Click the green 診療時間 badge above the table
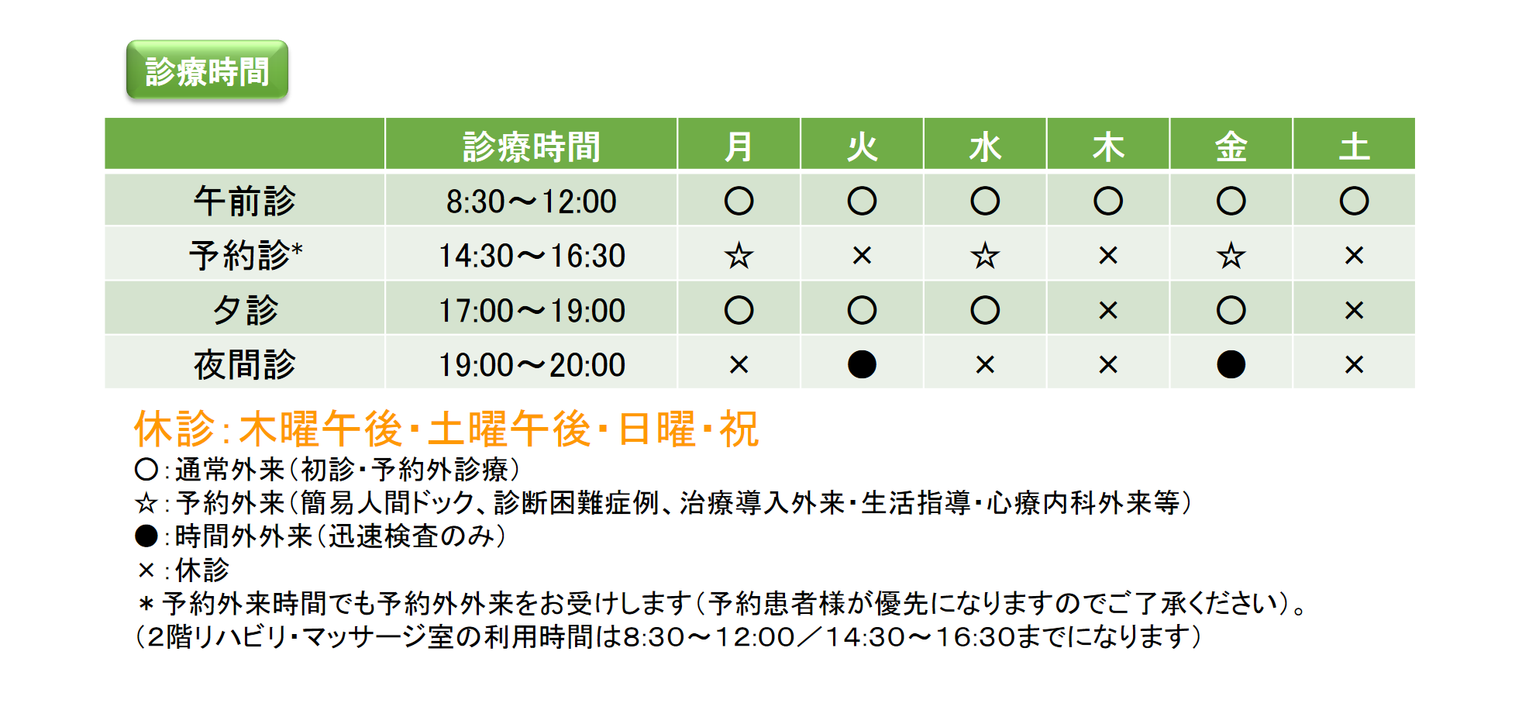pos(207,71)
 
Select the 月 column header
pos(739,146)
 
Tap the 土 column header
pos(1354,146)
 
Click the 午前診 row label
pos(245,201)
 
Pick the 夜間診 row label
pos(245,364)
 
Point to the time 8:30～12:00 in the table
pos(531,202)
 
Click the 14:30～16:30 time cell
pos(532,256)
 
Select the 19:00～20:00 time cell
pos(532,365)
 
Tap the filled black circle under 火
pos(862,364)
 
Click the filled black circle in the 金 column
pos(1231,364)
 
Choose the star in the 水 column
pos(985,255)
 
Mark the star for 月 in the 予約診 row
pos(739,255)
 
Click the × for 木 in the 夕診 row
pos(1108,310)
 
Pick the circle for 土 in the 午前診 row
pos(1354,201)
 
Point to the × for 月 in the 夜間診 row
pos(739,364)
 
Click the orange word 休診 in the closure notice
pos(174,429)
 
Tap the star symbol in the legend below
pos(146,504)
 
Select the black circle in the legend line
pos(146,536)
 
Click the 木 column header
pos(1108,146)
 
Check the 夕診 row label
pos(245,310)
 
